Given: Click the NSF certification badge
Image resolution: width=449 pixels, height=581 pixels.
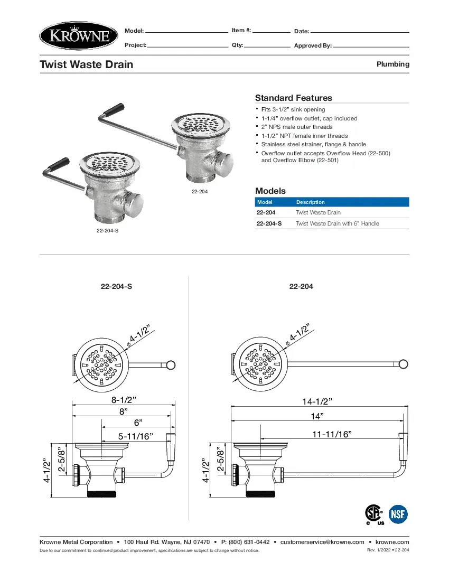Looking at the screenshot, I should coord(398,513).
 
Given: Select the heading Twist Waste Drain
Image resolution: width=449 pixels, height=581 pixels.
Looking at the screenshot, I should coord(87,64).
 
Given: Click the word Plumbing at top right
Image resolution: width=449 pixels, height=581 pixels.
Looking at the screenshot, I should coord(392,64).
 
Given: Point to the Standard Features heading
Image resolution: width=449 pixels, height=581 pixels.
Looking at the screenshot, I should coord(293,98).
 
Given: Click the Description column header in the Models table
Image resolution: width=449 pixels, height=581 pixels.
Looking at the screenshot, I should coord(311,202).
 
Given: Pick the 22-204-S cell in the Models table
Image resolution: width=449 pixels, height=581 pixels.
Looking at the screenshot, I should coord(269,223).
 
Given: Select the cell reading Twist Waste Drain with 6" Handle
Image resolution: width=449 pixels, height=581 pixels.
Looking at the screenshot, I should coord(337,223).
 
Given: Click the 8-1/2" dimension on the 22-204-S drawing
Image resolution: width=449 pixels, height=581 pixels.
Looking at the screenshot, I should coord(124,400).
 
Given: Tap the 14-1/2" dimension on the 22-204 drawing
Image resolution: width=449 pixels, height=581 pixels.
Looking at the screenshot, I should coord(317,401).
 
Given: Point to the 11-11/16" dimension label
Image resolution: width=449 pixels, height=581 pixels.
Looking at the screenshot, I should coord(332,434).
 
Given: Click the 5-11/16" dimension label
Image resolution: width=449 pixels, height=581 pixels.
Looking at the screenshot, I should coord(135,436).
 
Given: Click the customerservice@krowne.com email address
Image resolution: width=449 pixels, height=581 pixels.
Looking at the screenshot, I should coord(322,542).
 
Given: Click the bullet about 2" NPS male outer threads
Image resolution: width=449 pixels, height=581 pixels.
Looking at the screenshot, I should coord(297,127).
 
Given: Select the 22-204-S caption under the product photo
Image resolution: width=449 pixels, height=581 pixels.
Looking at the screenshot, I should coord(107,231).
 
